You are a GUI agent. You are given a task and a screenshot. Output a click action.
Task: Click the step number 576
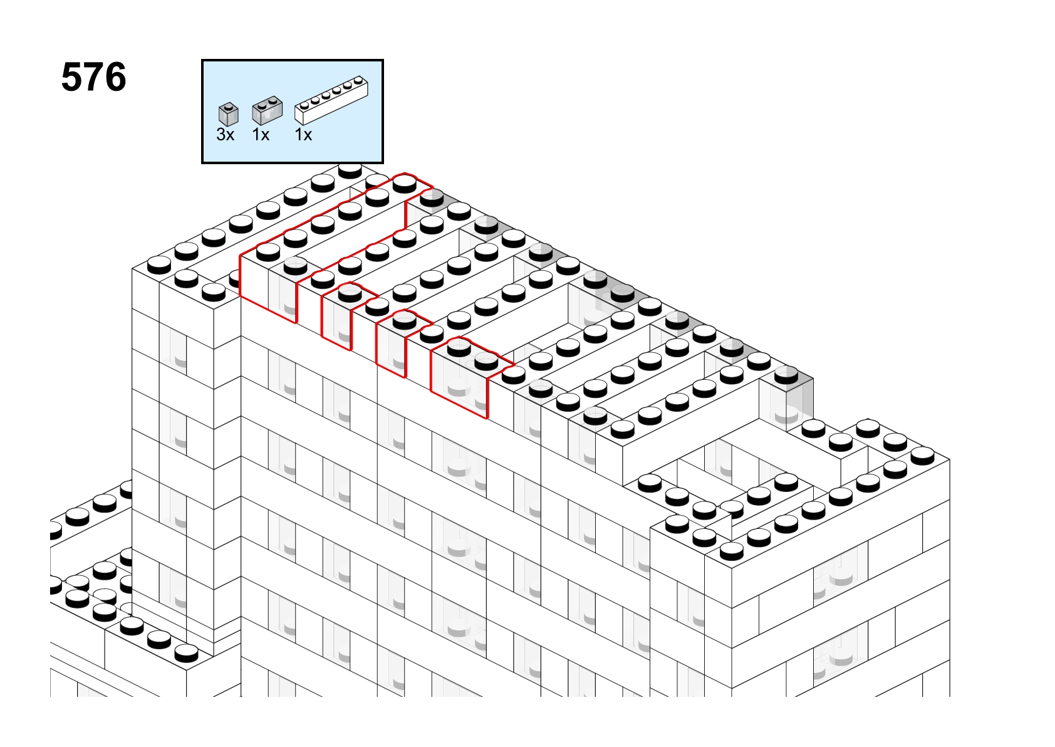[x=94, y=77]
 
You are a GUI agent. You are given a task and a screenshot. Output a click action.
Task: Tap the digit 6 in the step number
[x=115, y=77]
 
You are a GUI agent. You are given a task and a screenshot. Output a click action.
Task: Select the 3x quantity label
[x=225, y=135]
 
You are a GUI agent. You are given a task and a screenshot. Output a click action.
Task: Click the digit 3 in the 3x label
[x=221, y=135]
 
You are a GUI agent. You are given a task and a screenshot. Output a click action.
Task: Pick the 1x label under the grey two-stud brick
[x=261, y=135]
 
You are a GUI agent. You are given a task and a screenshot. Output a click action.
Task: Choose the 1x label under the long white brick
[x=303, y=135]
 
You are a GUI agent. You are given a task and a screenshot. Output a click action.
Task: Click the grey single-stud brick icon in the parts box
[x=229, y=114]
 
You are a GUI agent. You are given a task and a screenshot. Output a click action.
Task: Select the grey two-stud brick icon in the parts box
[x=267, y=111]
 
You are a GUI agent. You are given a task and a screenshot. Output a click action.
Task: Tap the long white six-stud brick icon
[x=331, y=100]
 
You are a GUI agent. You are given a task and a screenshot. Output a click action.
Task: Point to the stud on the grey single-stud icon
[x=229, y=107]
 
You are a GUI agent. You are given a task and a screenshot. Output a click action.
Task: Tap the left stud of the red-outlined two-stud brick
[x=459, y=348]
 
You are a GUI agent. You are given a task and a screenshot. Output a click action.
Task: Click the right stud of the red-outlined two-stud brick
[x=487, y=362]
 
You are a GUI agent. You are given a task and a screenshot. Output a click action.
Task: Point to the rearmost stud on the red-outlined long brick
[x=405, y=184]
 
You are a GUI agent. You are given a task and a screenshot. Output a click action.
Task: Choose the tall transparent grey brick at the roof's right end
[x=786, y=400]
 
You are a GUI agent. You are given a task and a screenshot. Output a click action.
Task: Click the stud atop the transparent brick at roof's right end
[x=786, y=375]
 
